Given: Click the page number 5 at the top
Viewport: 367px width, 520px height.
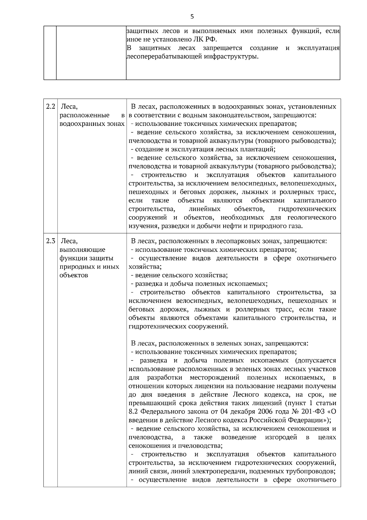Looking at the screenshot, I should point(192,17).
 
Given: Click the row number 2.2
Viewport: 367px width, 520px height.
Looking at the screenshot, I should point(50,107).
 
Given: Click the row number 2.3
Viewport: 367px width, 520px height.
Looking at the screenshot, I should point(50,241).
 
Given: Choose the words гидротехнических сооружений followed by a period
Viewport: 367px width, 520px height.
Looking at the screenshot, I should point(179,326).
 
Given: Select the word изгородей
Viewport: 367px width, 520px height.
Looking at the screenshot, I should point(281,437).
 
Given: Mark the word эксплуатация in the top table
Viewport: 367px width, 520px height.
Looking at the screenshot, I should point(318,48).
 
